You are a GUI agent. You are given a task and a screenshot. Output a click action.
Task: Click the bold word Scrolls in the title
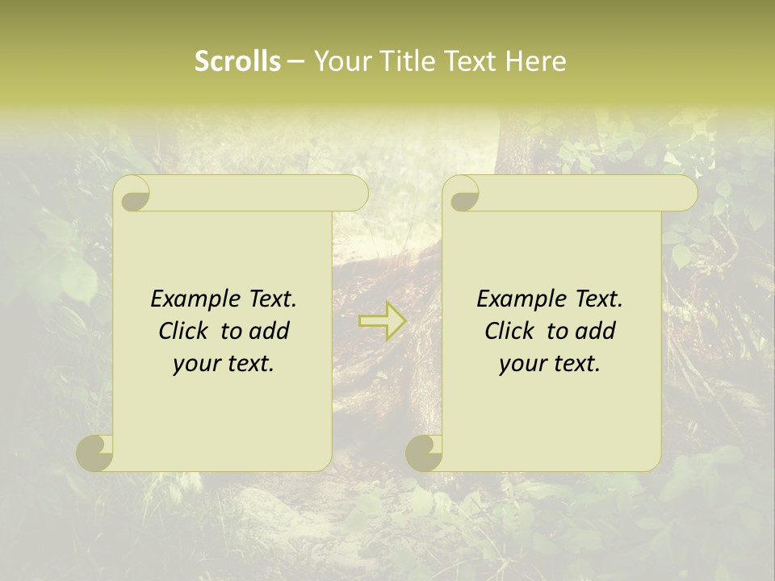(x=237, y=61)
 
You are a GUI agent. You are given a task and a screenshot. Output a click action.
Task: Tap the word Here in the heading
(x=536, y=61)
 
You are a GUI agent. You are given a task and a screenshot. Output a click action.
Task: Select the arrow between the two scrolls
(x=383, y=321)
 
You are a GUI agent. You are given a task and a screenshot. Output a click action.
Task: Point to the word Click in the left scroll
(x=183, y=331)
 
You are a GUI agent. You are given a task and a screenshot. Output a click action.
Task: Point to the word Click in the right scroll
(x=509, y=331)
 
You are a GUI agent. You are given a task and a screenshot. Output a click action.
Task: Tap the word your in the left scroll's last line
(x=196, y=364)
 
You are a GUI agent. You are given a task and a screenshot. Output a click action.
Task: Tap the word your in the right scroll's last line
(x=522, y=364)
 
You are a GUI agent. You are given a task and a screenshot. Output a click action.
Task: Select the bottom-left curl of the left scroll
(x=95, y=453)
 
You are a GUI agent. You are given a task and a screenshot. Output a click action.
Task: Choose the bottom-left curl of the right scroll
(x=425, y=453)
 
